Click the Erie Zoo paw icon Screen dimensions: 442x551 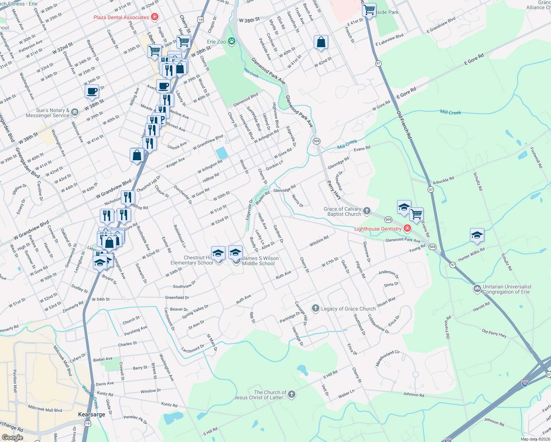[x=232, y=41]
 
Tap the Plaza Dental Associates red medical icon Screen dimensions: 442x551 [x=155, y=17]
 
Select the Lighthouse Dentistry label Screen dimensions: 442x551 [x=378, y=229]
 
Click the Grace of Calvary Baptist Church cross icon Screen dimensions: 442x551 [x=366, y=211]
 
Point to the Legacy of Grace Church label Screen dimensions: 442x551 [x=348, y=309]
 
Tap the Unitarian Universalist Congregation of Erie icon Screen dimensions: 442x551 [x=477, y=289]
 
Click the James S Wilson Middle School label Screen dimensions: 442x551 [x=260, y=261]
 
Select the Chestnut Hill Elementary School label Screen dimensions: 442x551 [x=192, y=260]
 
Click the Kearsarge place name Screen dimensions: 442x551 [x=91, y=414]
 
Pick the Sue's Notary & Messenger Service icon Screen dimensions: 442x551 [x=75, y=112]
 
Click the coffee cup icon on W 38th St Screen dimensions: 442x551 [x=92, y=91]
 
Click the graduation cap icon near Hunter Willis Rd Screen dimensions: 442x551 [x=477, y=235]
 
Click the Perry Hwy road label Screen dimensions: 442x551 [x=334, y=190]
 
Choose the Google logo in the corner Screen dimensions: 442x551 [x=12, y=438]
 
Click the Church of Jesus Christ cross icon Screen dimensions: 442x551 [x=291, y=395]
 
